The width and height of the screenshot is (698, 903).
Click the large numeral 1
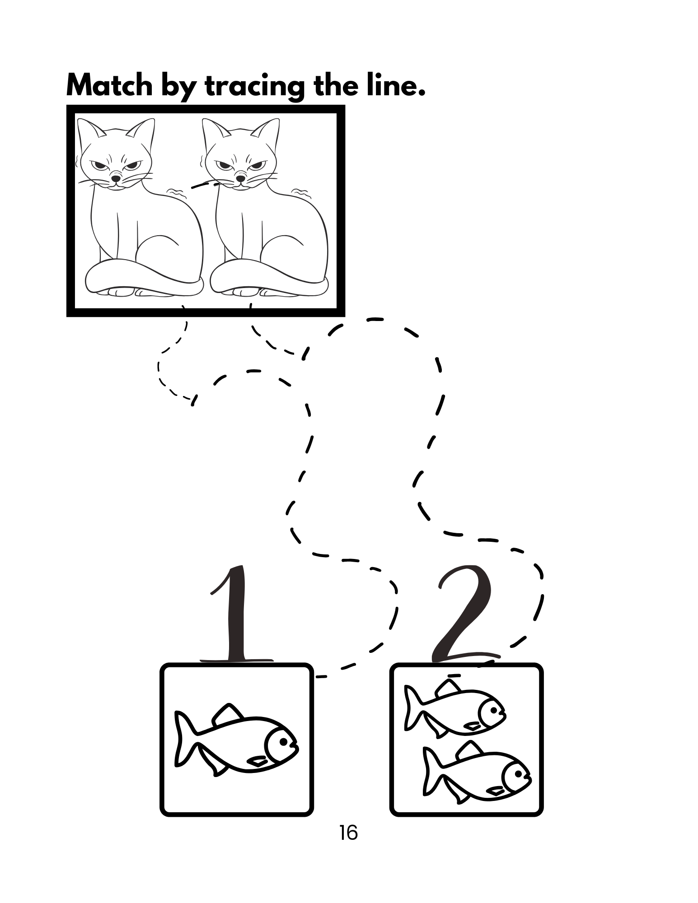pyautogui.click(x=236, y=614)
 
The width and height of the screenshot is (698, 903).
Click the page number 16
pyautogui.click(x=348, y=833)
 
